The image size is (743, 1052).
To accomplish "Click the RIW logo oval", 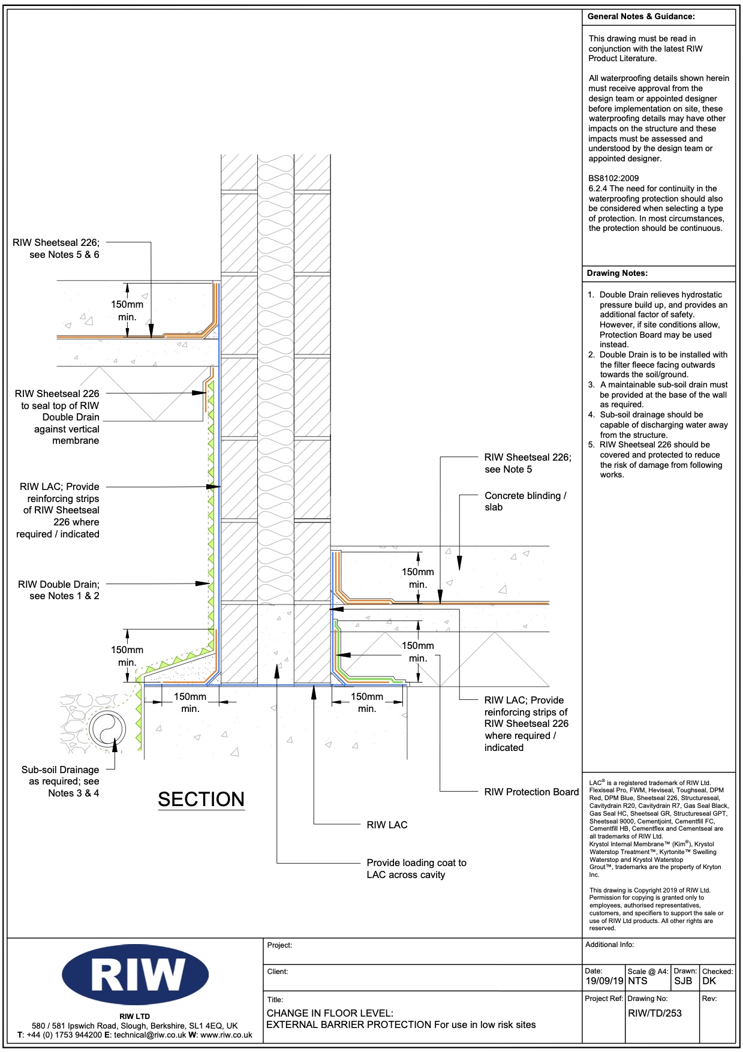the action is click(135, 975).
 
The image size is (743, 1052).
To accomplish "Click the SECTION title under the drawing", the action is click(201, 799).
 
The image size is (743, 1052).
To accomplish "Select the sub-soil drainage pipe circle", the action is click(107, 729).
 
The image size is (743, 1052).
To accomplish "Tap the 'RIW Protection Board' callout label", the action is click(531, 792).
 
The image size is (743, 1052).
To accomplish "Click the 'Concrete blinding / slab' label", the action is click(525, 501).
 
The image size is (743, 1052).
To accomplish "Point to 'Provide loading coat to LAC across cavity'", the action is click(417, 868).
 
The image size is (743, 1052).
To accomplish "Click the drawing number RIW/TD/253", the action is click(655, 1013).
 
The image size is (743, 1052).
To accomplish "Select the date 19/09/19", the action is click(604, 981).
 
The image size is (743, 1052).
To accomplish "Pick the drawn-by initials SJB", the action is click(683, 981).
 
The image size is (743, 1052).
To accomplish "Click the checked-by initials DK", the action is click(709, 981).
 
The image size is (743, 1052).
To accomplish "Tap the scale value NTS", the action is click(638, 981).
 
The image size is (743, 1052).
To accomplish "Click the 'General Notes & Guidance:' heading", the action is click(641, 17).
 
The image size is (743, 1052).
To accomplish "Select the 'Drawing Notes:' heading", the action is click(617, 273).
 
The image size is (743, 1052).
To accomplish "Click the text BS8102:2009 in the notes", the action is click(613, 178).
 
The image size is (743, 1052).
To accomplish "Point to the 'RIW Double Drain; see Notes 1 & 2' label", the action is click(59, 590).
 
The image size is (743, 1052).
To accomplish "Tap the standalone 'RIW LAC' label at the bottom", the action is click(387, 825).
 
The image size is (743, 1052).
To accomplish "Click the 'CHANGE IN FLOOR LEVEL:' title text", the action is click(330, 1013).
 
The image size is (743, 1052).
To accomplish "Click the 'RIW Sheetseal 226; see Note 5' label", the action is click(528, 463).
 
